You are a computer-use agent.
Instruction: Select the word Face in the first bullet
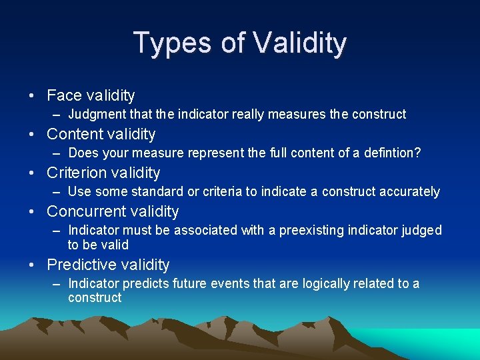tap(63, 95)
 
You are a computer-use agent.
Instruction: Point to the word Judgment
tap(99, 115)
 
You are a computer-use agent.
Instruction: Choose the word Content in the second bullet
tap(74, 134)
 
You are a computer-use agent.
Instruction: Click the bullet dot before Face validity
tap(32, 96)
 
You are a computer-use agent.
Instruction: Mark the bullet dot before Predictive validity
tap(32, 265)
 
